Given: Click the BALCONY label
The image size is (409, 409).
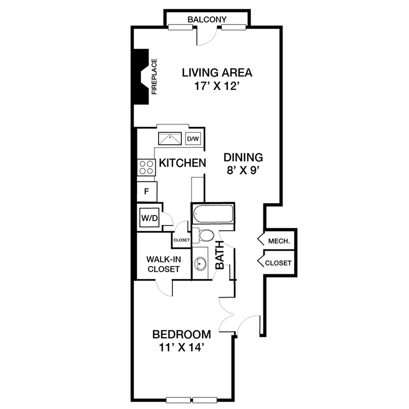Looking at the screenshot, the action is (x=207, y=19).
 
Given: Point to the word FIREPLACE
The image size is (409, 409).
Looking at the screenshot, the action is (x=154, y=77).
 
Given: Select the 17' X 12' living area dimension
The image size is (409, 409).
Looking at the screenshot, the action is (x=217, y=86).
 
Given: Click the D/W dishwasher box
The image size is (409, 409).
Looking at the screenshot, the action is (x=193, y=139).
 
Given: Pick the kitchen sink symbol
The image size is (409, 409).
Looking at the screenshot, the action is (x=170, y=139).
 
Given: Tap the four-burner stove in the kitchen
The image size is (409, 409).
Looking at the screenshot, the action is (x=146, y=168).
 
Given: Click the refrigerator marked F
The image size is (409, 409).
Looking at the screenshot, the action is (x=147, y=192).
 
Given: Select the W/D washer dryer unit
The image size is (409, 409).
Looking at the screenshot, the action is (x=150, y=218).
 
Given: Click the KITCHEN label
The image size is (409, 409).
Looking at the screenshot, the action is (x=183, y=163).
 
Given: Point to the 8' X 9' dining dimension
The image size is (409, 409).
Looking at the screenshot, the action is (x=243, y=171).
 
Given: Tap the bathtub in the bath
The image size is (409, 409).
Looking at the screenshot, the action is (x=213, y=214).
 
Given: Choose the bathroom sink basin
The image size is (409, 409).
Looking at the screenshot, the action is (x=200, y=263).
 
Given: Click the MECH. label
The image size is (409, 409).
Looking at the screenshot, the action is (x=279, y=241).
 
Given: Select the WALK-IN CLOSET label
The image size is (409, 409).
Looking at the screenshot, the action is (x=164, y=264).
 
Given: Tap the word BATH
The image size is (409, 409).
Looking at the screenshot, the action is (x=220, y=255).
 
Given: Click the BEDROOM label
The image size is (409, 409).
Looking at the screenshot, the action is (x=182, y=334).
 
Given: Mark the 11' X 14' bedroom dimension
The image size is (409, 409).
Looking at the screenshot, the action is (x=181, y=348).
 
